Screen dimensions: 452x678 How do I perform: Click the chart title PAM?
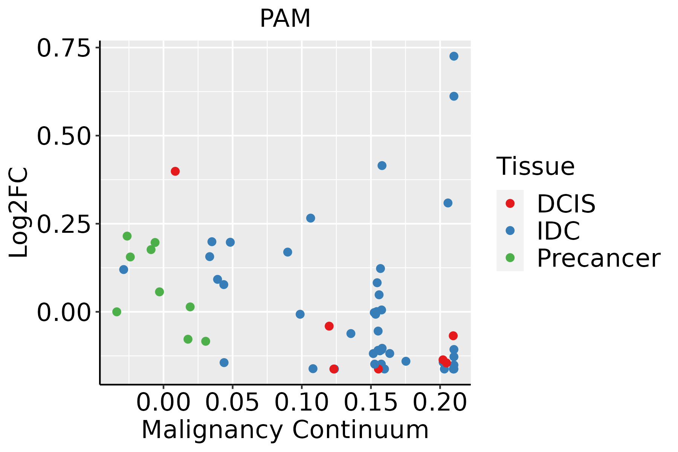pos(285,18)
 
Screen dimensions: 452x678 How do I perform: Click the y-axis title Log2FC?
pos(18,212)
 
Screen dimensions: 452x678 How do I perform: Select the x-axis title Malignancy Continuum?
pos(285,430)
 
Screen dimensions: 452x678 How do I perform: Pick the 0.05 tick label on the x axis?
pos(232,402)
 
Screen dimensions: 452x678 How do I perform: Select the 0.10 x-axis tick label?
pos(302,402)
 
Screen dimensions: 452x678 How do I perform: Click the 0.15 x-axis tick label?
pos(371,402)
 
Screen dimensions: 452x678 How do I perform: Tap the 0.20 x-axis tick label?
pos(440,402)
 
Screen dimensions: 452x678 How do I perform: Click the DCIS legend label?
pos(566,204)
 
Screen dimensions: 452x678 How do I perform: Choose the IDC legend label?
pos(558,231)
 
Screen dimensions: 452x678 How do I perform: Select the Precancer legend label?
pos(599,258)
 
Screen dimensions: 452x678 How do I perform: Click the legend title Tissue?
pos(536,166)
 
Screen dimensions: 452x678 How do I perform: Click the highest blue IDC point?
pos(454,56)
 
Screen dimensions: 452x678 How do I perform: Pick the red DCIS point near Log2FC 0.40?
pos(175,171)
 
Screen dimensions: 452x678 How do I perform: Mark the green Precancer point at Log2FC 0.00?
pos(117,312)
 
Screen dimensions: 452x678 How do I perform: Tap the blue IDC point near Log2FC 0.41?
pos(382,166)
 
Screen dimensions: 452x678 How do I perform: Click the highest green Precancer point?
pos(127,236)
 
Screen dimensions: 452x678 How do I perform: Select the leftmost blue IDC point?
pos(124,270)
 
